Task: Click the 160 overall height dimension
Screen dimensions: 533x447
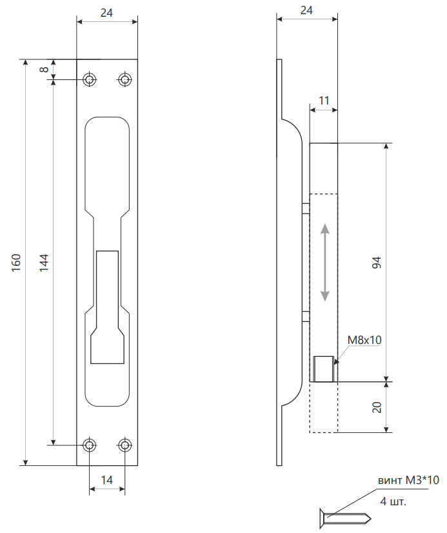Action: (x=17, y=262)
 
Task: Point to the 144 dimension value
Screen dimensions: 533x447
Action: (x=44, y=262)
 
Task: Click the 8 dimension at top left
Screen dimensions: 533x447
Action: (x=45, y=70)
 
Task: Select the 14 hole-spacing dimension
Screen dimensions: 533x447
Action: (x=107, y=479)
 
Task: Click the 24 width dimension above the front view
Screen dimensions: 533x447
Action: (x=107, y=11)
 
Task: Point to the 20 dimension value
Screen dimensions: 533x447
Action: (x=377, y=407)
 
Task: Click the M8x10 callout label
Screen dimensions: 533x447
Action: (x=364, y=340)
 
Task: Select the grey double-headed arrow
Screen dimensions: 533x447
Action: (x=325, y=263)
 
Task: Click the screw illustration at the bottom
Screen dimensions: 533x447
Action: (x=346, y=517)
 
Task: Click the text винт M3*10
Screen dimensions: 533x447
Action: (x=408, y=480)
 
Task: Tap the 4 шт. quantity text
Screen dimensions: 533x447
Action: (x=393, y=501)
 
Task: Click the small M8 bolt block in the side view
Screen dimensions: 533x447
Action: (x=323, y=369)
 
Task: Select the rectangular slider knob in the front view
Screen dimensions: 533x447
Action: (x=107, y=307)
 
